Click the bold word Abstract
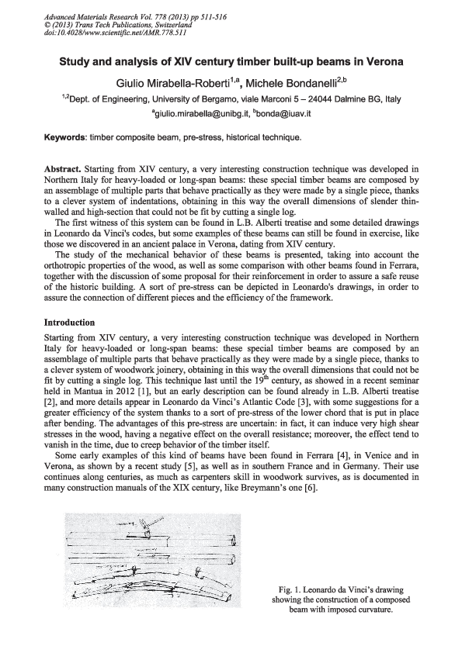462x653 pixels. coord(64,168)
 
